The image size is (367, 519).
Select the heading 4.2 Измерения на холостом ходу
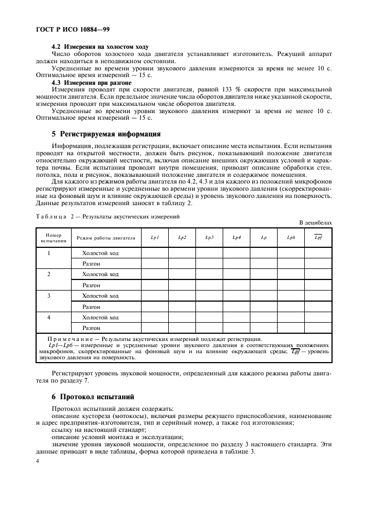click(x=99, y=46)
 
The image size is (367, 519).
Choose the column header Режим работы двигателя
click(x=106, y=238)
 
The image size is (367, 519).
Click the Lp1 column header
click(x=155, y=238)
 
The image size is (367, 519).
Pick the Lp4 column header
click(x=237, y=238)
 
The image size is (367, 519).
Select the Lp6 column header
click(x=291, y=238)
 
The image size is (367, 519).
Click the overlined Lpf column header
click(x=318, y=238)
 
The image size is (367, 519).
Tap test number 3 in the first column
click(x=49, y=296)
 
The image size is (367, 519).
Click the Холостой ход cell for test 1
click(x=100, y=253)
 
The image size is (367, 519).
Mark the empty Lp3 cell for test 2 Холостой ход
click(x=209, y=274)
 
